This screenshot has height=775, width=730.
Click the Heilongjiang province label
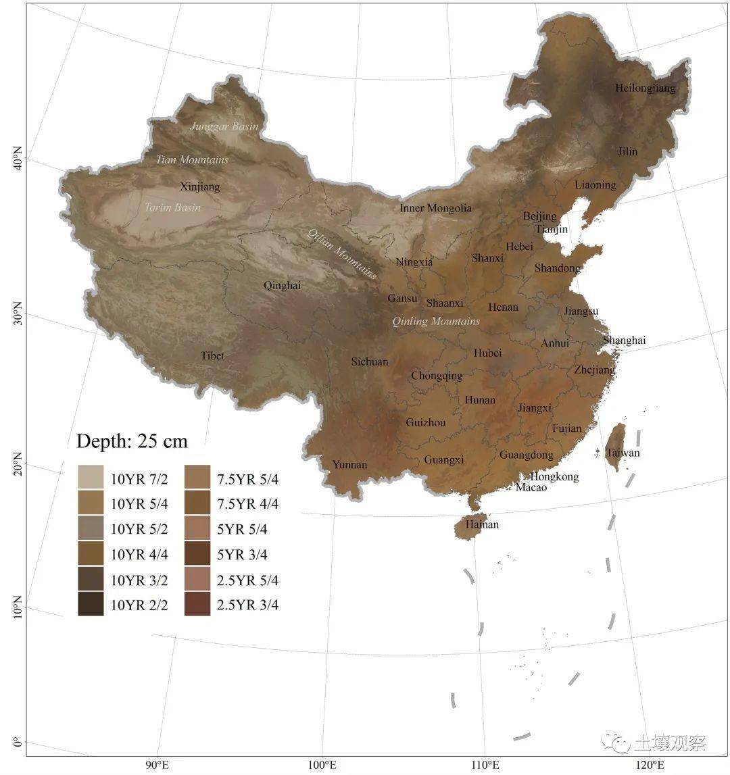(645, 88)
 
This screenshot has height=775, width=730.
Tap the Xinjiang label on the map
(200, 187)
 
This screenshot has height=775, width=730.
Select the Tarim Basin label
(173, 207)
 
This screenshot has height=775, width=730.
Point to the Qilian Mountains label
(342, 253)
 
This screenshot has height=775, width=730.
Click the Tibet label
(212, 355)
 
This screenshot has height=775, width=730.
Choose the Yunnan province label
(349, 464)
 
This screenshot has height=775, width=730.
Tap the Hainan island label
(482, 524)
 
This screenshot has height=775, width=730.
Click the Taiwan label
(623, 453)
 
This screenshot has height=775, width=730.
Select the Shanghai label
(624, 340)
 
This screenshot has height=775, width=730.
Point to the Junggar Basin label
(224, 126)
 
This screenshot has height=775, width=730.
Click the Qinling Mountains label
(436, 321)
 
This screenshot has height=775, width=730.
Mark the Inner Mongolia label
(435, 208)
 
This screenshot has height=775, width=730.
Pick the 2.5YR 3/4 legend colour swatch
(197, 605)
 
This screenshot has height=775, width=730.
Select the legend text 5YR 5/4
(242, 529)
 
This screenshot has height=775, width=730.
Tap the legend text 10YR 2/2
(139, 605)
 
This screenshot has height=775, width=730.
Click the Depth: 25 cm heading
(132, 441)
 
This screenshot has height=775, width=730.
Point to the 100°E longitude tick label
(322, 765)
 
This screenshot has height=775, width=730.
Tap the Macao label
(531, 487)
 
